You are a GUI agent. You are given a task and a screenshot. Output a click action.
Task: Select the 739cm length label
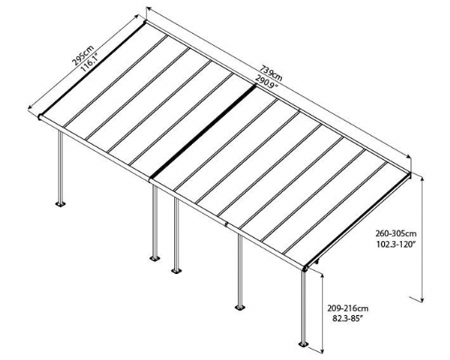pos(271,73)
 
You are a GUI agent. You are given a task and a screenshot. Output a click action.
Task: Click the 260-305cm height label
pos(396,233)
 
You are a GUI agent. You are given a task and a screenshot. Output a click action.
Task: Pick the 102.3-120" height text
pos(396,244)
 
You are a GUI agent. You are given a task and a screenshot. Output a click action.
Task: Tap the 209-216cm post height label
pos(348,309)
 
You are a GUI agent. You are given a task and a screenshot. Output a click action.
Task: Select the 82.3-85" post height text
pos(348,318)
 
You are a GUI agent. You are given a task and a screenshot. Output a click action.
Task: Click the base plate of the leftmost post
pos(60,204)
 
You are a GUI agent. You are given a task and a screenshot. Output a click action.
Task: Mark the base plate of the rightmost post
pos(303,344)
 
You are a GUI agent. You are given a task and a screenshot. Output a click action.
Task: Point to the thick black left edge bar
pos(92,69)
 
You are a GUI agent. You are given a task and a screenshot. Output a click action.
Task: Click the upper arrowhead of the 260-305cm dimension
pos(422,180)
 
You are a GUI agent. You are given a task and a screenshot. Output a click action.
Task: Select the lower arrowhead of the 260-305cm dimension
pos(422,299)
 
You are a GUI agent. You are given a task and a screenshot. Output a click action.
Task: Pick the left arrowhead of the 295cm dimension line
pos(31,107)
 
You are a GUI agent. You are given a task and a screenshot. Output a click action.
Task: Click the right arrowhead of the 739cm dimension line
pos(407,156)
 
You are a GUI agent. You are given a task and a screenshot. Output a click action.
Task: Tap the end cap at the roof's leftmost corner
pos(40,117)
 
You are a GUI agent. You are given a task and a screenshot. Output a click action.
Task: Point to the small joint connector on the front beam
pos(227,224)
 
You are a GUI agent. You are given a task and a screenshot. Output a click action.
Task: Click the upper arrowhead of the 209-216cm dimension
pos(322,277)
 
